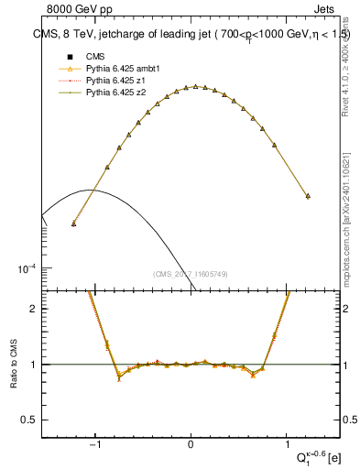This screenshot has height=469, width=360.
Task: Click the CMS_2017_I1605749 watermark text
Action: tap(191, 274)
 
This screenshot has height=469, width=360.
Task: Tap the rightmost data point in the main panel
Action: tap(308, 196)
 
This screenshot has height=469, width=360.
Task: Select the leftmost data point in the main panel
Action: tap(73, 223)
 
